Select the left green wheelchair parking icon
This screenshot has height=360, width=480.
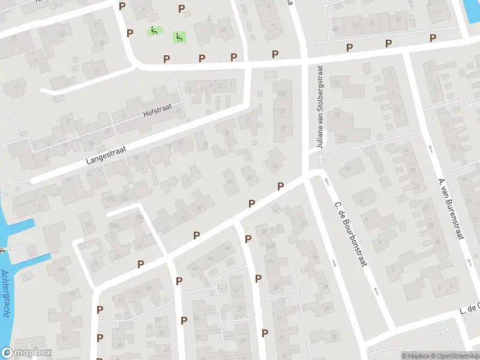(154, 30)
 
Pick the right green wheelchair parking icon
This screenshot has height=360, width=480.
(179, 37)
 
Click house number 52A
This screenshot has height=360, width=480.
(343, 137)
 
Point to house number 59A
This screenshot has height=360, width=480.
(282, 94)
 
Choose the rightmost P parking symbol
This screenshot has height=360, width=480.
(433, 38)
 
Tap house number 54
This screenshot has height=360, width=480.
(337, 82)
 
